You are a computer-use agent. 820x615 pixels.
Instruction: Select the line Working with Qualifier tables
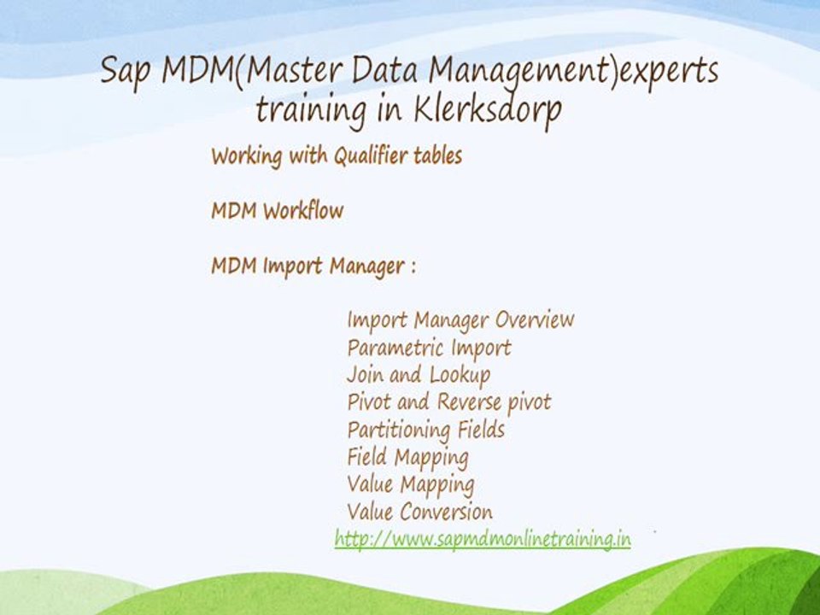tap(337, 156)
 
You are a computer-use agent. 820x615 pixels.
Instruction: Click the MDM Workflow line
tap(277, 211)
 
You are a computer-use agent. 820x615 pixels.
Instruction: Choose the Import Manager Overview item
tap(460, 320)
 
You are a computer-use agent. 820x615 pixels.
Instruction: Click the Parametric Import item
tap(429, 348)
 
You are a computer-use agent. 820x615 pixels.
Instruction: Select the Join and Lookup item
tap(419, 374)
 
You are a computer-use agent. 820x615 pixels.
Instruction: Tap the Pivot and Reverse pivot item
tap(449, 401)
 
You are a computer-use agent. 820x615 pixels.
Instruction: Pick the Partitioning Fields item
tap(425, 429)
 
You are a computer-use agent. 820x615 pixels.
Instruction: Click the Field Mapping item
tap(407, 457)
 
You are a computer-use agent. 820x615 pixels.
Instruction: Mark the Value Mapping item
tap(410, 484)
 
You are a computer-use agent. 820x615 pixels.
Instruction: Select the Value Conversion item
tap(419, 512)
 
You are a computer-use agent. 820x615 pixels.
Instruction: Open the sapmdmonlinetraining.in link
tap(483, 539)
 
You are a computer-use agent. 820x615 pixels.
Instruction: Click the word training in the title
tap(308, 111)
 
